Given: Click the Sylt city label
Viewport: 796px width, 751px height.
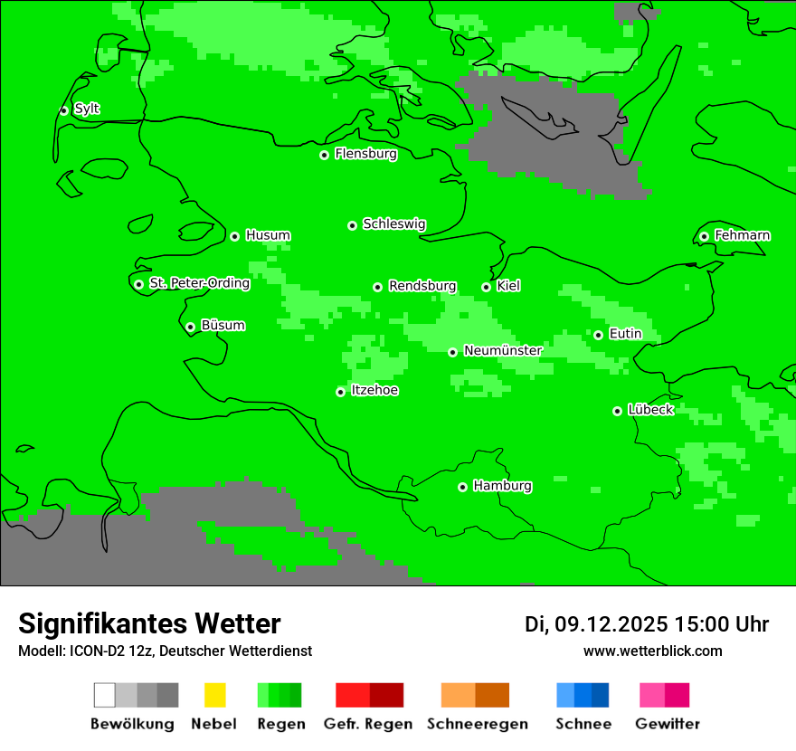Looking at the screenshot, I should point(87,109).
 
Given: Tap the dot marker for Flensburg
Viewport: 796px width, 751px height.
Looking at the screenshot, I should point(324,155).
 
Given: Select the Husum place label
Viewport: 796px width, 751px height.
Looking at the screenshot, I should point(268,236).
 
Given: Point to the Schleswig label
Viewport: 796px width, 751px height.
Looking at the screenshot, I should point(393,224).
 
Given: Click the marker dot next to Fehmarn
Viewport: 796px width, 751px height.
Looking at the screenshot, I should point(704,237).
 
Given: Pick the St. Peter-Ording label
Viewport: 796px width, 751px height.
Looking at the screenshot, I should point(199,283).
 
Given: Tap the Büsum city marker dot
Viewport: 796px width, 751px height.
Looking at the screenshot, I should point(190,328).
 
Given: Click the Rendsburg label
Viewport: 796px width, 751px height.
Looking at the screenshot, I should point(422,287).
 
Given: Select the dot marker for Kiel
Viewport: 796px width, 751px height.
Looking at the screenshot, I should point(486,287).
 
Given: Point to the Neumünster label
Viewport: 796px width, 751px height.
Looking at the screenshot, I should point(503,351).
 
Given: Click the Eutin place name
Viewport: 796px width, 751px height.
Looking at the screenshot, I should point(625,334).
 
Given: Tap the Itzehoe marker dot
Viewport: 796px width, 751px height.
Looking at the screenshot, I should point(340,392).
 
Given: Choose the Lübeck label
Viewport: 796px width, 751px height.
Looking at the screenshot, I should point(650,410).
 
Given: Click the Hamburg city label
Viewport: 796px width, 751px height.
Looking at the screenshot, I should point(502,486).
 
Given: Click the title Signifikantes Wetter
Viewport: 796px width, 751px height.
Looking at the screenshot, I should point(149,623).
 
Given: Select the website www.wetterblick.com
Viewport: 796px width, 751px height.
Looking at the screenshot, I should point(652,651).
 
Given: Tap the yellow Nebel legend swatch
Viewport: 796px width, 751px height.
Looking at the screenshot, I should point(214,695).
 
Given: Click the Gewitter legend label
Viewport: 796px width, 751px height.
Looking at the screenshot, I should point(668,724).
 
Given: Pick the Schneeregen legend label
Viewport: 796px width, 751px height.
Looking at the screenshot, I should point(477,724).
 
